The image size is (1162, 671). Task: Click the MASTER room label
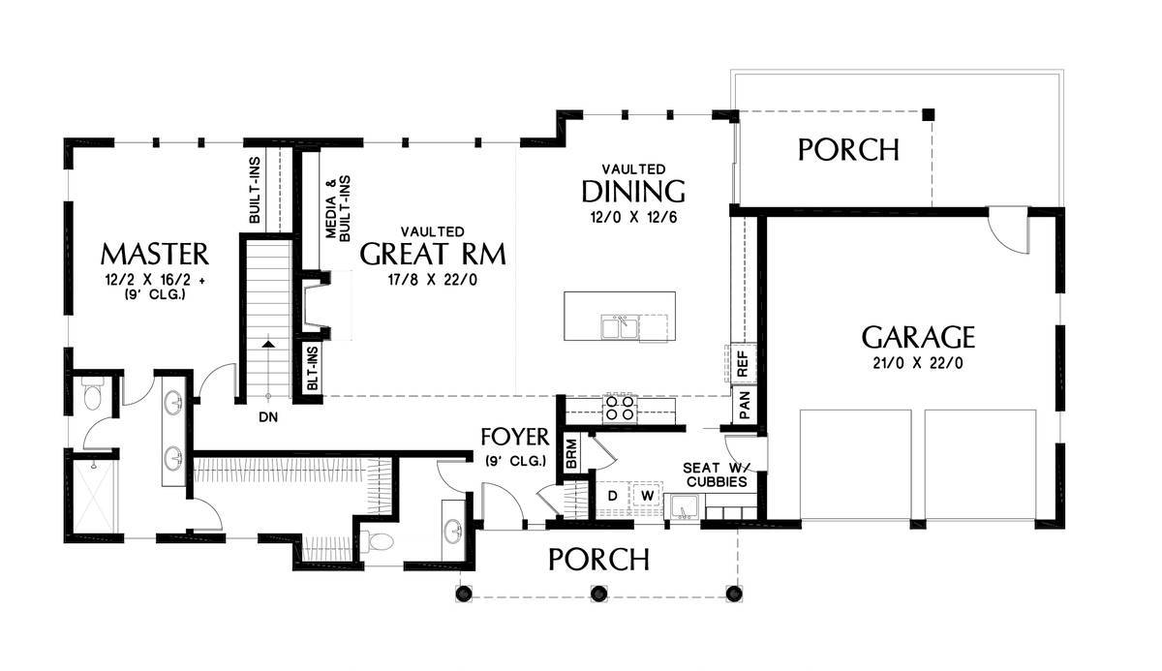155,254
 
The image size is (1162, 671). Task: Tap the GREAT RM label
433,254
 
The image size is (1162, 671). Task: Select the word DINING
633,192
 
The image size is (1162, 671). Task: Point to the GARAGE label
918,337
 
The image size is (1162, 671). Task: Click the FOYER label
514,437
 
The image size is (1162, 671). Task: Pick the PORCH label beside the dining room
848,150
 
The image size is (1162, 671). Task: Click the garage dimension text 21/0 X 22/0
918,363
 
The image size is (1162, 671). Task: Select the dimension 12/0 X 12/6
633,217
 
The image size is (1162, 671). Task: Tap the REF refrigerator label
743,363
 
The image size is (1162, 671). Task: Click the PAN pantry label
745,406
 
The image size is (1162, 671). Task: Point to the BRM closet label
571,454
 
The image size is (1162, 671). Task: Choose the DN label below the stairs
268,417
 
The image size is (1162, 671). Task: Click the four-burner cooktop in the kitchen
621,408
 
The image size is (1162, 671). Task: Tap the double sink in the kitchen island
620,327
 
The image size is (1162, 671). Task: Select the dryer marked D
613,497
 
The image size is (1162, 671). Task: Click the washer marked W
647,497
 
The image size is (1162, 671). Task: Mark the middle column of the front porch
598,594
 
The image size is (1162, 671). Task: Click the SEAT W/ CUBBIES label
717,475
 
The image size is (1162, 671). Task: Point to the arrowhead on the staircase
267,344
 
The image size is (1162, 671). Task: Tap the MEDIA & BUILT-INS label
338,208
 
